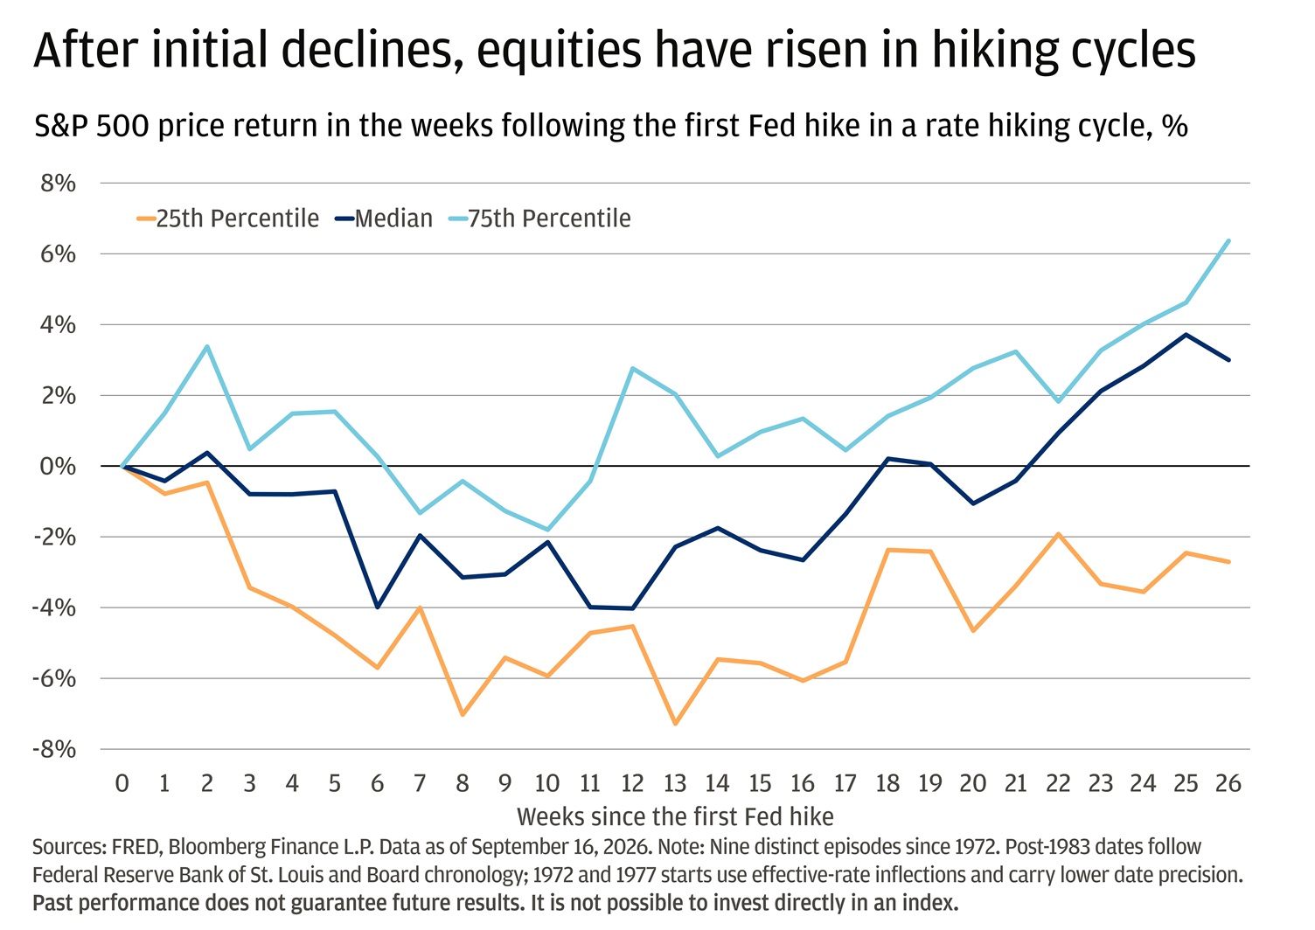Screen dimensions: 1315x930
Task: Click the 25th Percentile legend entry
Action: [x=228, y=219]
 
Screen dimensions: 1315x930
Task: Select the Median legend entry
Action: [x=384, y=219]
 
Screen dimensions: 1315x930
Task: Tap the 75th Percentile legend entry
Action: [x=539, y=219]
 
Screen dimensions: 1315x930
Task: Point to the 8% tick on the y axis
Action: [x=58, y=184]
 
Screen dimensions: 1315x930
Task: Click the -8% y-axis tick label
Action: [x=54, y=749]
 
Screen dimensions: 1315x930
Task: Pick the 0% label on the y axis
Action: [x=58, y=467]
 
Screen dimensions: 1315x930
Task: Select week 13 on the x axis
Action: [x=675, y=783]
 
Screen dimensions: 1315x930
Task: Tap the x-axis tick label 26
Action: [x=1228, y=783]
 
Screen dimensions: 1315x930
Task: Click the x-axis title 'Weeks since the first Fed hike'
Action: [x=675, y=816]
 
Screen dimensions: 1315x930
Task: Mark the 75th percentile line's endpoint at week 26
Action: [x=1228, y=240]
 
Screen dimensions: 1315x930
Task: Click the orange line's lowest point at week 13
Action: [x=675, y=724]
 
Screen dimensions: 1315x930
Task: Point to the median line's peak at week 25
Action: [x=1186, y=335]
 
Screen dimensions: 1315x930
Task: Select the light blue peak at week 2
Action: [x=207, y=346]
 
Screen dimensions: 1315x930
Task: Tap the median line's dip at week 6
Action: [x=378, y=607]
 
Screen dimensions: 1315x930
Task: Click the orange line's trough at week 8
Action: [x=463, y=715]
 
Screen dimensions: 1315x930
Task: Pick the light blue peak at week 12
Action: [x=632, y=369]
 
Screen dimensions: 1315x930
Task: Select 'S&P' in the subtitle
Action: [x=58, y=126]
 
